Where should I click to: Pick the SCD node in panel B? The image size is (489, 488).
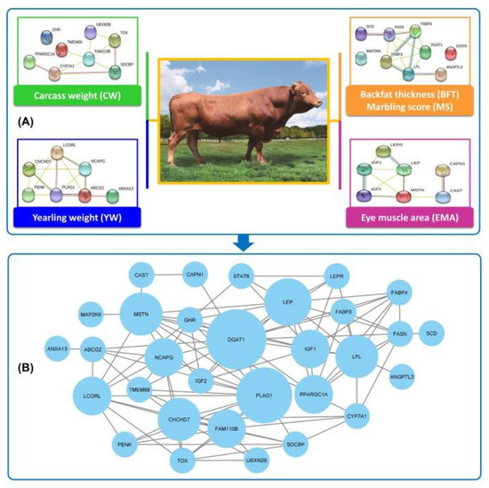[x=431, y=333]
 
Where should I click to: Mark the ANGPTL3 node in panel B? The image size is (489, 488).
[x=402, y=378]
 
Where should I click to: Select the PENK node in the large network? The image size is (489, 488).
[x=124, y=443]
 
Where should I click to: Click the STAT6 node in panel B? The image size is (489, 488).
[x=243, y=276]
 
